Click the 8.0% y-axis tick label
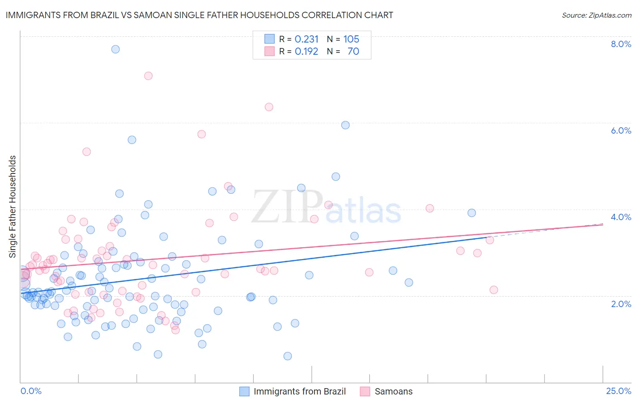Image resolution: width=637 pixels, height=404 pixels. (621, 44)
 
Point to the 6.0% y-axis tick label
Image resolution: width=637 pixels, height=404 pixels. (621, 130)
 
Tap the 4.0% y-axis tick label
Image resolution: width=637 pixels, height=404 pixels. (621, 217)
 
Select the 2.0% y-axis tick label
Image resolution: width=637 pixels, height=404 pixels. (621, 304)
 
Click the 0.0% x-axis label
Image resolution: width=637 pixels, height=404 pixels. (31, 391)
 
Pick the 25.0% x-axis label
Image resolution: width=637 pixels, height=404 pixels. (618, 391)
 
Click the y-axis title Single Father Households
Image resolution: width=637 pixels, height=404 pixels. (13, 207)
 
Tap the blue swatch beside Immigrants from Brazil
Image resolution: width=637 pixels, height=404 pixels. (244, 391)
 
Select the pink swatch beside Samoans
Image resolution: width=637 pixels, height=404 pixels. (365, 391)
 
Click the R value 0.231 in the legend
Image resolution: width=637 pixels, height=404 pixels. (307, 39)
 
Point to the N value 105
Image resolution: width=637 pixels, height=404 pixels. (351, 39)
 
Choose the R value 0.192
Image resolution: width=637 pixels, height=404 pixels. (307, 52)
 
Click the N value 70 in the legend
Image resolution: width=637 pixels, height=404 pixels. (353, 52)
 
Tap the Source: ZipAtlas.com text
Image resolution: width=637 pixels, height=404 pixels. (596, 15)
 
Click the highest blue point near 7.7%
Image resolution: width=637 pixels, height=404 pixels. (116, 49)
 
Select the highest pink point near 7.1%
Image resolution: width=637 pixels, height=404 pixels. (148, 76)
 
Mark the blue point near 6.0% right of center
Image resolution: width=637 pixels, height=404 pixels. (345, 125)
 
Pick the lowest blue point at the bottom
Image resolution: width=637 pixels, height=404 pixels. (287, 356)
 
